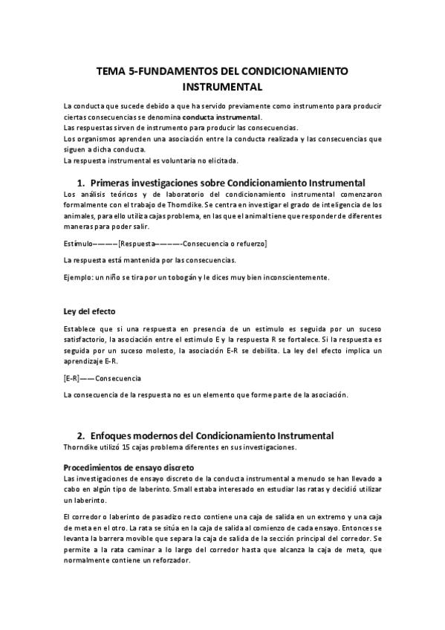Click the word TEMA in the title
(x=112, y=72)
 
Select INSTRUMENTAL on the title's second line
(x=222, y=87)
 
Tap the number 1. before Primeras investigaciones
(x=81, y=182)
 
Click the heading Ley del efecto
(x=89, y=311)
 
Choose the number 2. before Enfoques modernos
(x=81, y=435)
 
